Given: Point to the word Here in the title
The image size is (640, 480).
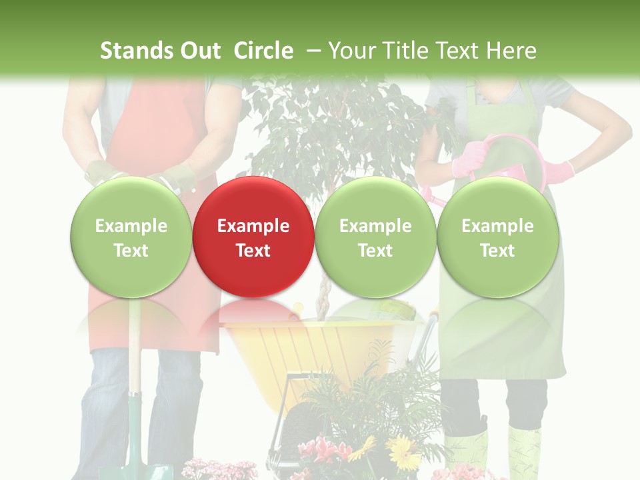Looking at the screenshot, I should (511, 51).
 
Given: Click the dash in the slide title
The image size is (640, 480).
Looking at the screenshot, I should (313, 51).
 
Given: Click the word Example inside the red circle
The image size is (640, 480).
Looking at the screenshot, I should (253, 226).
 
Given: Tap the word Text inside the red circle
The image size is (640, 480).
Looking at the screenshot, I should (253, 251).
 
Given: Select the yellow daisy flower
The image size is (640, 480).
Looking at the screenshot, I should (403, 454).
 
